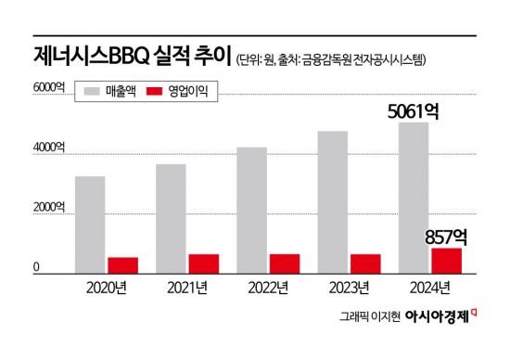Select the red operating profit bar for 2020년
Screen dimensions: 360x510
point(123,265)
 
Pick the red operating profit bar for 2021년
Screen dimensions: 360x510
point(204,264)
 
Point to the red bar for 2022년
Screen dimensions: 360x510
point(285,264)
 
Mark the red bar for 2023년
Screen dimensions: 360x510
point(366,264)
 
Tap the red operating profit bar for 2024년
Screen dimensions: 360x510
point(447,261)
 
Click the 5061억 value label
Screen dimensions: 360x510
point(413,111)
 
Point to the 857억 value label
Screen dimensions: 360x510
point(445,237)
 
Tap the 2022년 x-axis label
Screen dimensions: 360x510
point(268,287)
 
